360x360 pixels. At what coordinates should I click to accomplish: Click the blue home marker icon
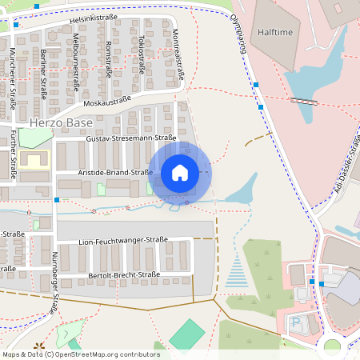coord(180,173)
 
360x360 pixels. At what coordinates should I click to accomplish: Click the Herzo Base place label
coord(60,124)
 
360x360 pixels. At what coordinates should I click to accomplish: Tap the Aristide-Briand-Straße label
coord(115,172)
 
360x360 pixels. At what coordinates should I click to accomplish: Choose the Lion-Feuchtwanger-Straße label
coord(123,240)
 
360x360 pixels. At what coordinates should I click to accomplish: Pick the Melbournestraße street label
coord(76,61)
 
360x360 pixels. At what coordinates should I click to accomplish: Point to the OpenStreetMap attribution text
coord(71,354)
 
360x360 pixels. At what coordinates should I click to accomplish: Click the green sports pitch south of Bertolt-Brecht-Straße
coord(186,334)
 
